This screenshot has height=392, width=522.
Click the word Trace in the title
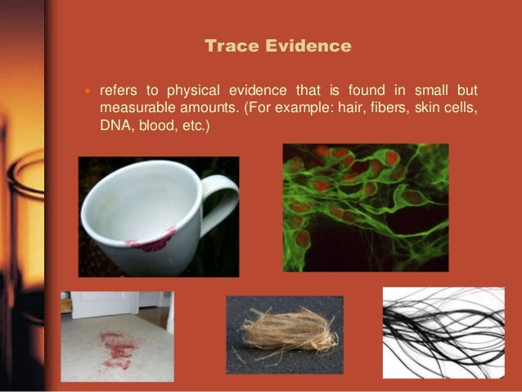(x=229, y=47)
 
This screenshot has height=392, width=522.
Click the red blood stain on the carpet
(x=117, y=347)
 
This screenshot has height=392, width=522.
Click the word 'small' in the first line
(x=430, y=89)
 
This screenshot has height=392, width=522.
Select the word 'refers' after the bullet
(x=119, y=89)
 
